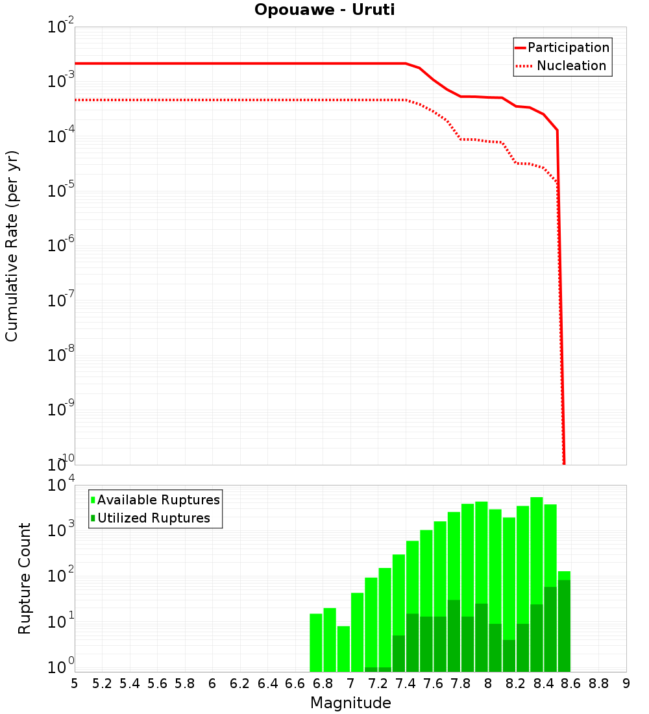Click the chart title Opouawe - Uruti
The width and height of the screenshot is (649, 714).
(x=324, y=10)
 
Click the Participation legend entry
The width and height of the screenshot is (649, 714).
(x=568, y=47)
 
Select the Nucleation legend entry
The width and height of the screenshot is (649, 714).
(x=570, y=66)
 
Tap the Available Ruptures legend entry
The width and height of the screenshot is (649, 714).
(x=158, y=500)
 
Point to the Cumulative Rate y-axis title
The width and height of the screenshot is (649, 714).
(x=12, y=246)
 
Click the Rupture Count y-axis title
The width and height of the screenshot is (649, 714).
(x=25, y=578)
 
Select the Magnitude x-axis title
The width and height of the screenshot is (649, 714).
(x=350, y=703)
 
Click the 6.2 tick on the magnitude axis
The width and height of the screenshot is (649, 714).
(x=240, y=683)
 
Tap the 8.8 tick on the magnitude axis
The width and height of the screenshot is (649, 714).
(x=598, y=683)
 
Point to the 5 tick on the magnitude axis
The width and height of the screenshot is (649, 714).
(x=75, y=683)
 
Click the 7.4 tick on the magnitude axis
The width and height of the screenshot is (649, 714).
(x=406, y=683)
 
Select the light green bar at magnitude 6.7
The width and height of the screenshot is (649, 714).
(x=316, y=643)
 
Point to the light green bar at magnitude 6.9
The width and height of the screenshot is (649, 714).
(x=343, y=649)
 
